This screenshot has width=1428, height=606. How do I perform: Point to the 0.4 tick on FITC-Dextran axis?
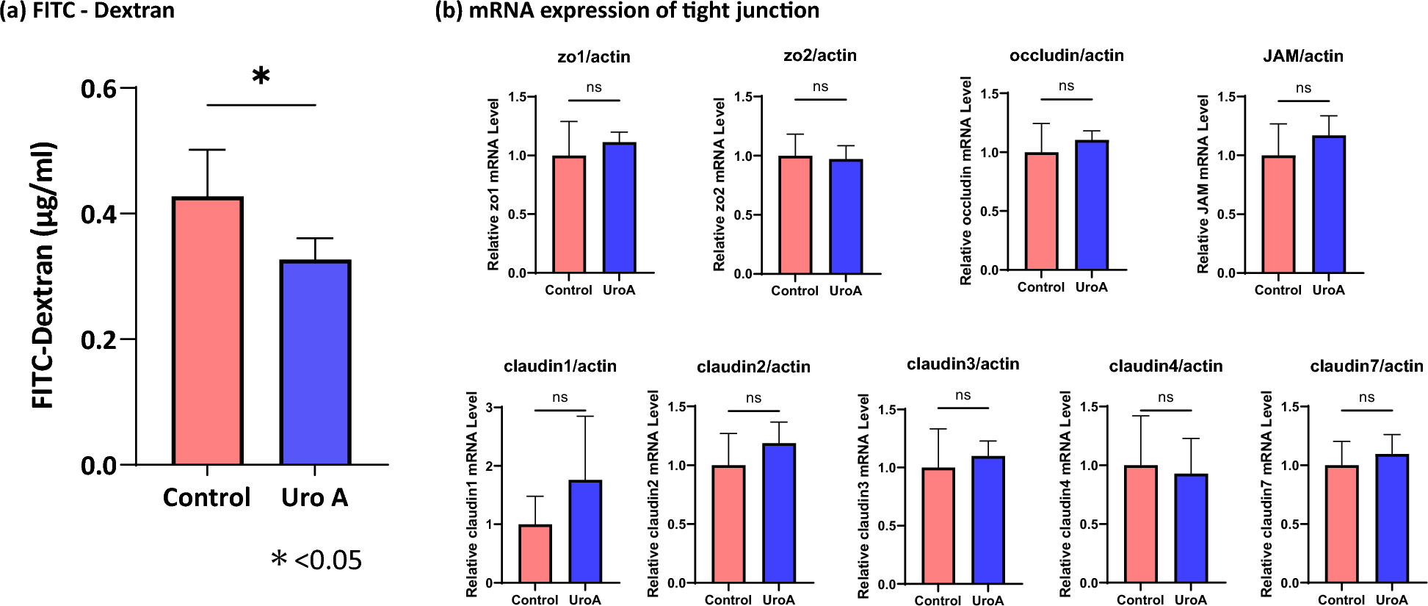99,214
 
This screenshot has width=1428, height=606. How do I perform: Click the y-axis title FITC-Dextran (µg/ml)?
44,275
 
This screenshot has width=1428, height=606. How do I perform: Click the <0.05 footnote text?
327,560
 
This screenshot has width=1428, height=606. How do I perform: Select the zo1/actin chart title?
593,57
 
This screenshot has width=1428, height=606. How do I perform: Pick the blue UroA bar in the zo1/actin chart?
619,208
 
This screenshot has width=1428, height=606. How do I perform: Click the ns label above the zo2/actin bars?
820,87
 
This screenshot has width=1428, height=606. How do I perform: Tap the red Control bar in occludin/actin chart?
1041,212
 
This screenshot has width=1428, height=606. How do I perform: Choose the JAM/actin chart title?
1302,56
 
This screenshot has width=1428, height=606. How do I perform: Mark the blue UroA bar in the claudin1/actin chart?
585,532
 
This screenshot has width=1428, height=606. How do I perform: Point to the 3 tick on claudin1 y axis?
489,408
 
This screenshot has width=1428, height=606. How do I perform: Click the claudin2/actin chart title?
753,367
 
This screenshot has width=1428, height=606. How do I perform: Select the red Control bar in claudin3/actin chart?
938,526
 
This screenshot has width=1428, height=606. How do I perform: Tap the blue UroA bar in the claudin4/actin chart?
1190,529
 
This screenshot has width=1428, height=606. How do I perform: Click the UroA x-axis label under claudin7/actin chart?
1391,599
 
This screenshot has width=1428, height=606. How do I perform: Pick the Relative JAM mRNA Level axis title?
1203,184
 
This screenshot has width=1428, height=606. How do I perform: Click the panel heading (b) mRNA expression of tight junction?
627,11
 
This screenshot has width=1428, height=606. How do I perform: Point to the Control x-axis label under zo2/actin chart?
794,291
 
